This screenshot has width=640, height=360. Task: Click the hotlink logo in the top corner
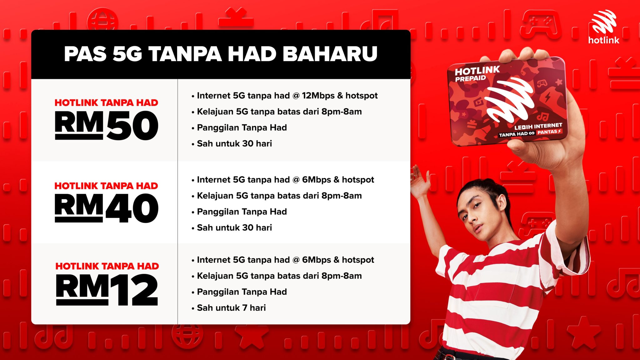click(603, 27)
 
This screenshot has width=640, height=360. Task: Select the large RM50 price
click(107, 125)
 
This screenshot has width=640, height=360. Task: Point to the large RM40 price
click(107, 208)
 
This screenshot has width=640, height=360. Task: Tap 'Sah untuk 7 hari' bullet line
click(231, 308)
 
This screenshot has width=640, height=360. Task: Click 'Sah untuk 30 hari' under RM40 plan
click(234, 227)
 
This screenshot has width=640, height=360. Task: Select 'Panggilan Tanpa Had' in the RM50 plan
click(242, 127)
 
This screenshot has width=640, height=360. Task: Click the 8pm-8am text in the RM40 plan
click(342, 196)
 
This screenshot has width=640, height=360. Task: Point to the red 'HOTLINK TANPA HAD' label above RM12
click(107, 266)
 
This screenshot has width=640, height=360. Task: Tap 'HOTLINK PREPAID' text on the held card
click(477, 74)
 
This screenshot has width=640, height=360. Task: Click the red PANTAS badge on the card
click(549, 132)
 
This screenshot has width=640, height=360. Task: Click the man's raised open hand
click(419, 181)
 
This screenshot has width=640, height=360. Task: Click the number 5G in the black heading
click(127, 54)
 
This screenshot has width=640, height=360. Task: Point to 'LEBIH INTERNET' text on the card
click(538, 126)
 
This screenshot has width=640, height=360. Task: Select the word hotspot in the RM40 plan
click(358, 180)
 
